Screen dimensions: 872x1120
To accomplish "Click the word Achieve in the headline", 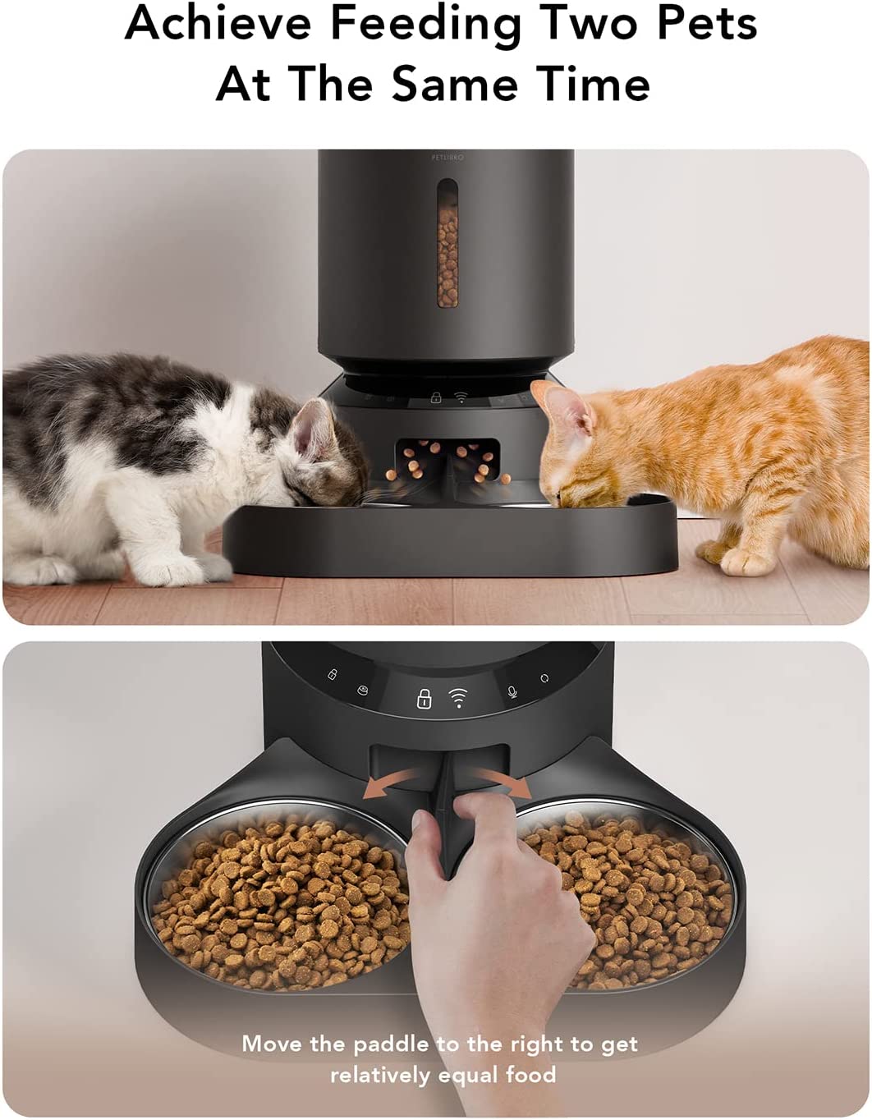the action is (x=219, y=25).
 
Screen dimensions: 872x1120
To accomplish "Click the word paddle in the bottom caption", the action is (x=392, y=1030).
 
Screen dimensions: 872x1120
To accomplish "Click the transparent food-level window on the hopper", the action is (x=447, y=243).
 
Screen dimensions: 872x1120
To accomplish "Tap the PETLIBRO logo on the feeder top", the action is (x=447, y=158).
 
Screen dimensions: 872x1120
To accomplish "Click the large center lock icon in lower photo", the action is (x=424, y=699).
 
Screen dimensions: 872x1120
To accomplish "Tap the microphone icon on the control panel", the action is (x=512, y=692).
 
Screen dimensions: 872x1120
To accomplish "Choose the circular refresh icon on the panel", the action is (x=544, y=678).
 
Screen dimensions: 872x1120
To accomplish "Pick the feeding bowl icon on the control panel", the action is (x=363, y=690).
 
